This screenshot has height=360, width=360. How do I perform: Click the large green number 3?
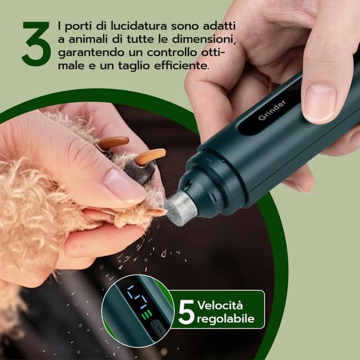[x=36, y=44]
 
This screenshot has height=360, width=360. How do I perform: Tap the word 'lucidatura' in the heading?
[x=139, y=26]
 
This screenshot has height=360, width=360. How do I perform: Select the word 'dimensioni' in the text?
[x=204, y=39]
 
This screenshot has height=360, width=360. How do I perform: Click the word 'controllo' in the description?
[x=172, y=52]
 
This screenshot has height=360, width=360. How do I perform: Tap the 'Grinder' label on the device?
[x=272, y=110]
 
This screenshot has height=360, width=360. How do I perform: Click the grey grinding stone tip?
[x=181, y=209]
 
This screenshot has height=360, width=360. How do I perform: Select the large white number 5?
[x=187, y=312]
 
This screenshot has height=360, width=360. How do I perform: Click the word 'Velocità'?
[x=220, y=305]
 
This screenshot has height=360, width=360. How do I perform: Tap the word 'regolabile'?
[x=226, y=319]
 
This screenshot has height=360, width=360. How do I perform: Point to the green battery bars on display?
[x=147, y=314]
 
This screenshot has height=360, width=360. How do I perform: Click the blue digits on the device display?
[x=137, y=297]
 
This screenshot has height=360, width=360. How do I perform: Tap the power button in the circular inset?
[x=156, y=326]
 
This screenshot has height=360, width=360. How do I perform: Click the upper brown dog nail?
[x=114, y=142]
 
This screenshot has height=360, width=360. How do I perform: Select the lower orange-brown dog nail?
[x=150, y=156]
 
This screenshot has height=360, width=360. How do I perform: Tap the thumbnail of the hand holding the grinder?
[x=320, y=103]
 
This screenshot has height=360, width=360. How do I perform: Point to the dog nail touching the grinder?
[x=157, y=211]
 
